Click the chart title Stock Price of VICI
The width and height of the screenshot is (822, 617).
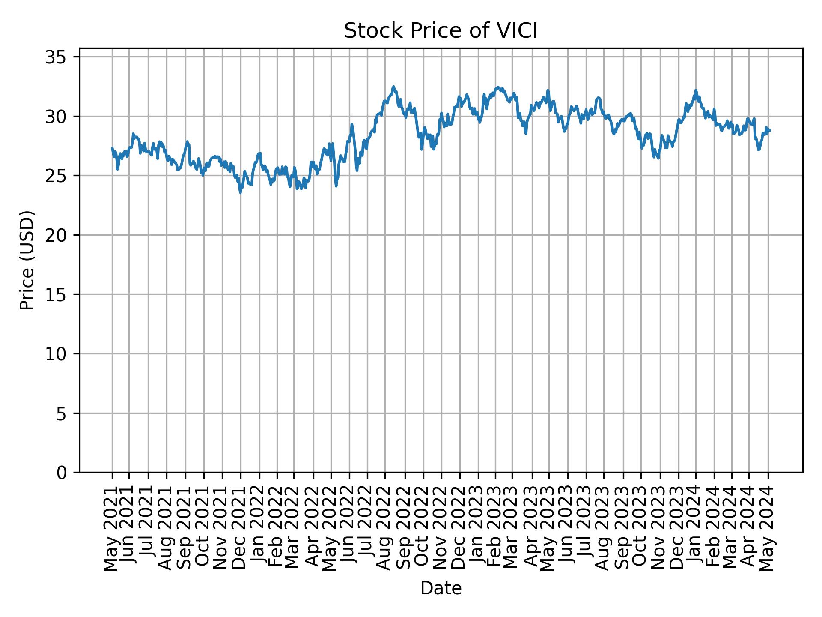tap(441, 31)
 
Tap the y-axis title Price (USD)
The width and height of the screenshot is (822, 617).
tap(27, 260)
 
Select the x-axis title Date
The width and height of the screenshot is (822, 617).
tap(441, 588)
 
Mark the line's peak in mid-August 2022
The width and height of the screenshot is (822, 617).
tap(393, 87)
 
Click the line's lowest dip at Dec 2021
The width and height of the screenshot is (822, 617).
tap(241, 192)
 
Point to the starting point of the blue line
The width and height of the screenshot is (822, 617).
tap(112, 148)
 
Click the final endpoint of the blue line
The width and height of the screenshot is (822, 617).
tap(770, 130)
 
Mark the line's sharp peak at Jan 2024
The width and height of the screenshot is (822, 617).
tap(696, 90)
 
